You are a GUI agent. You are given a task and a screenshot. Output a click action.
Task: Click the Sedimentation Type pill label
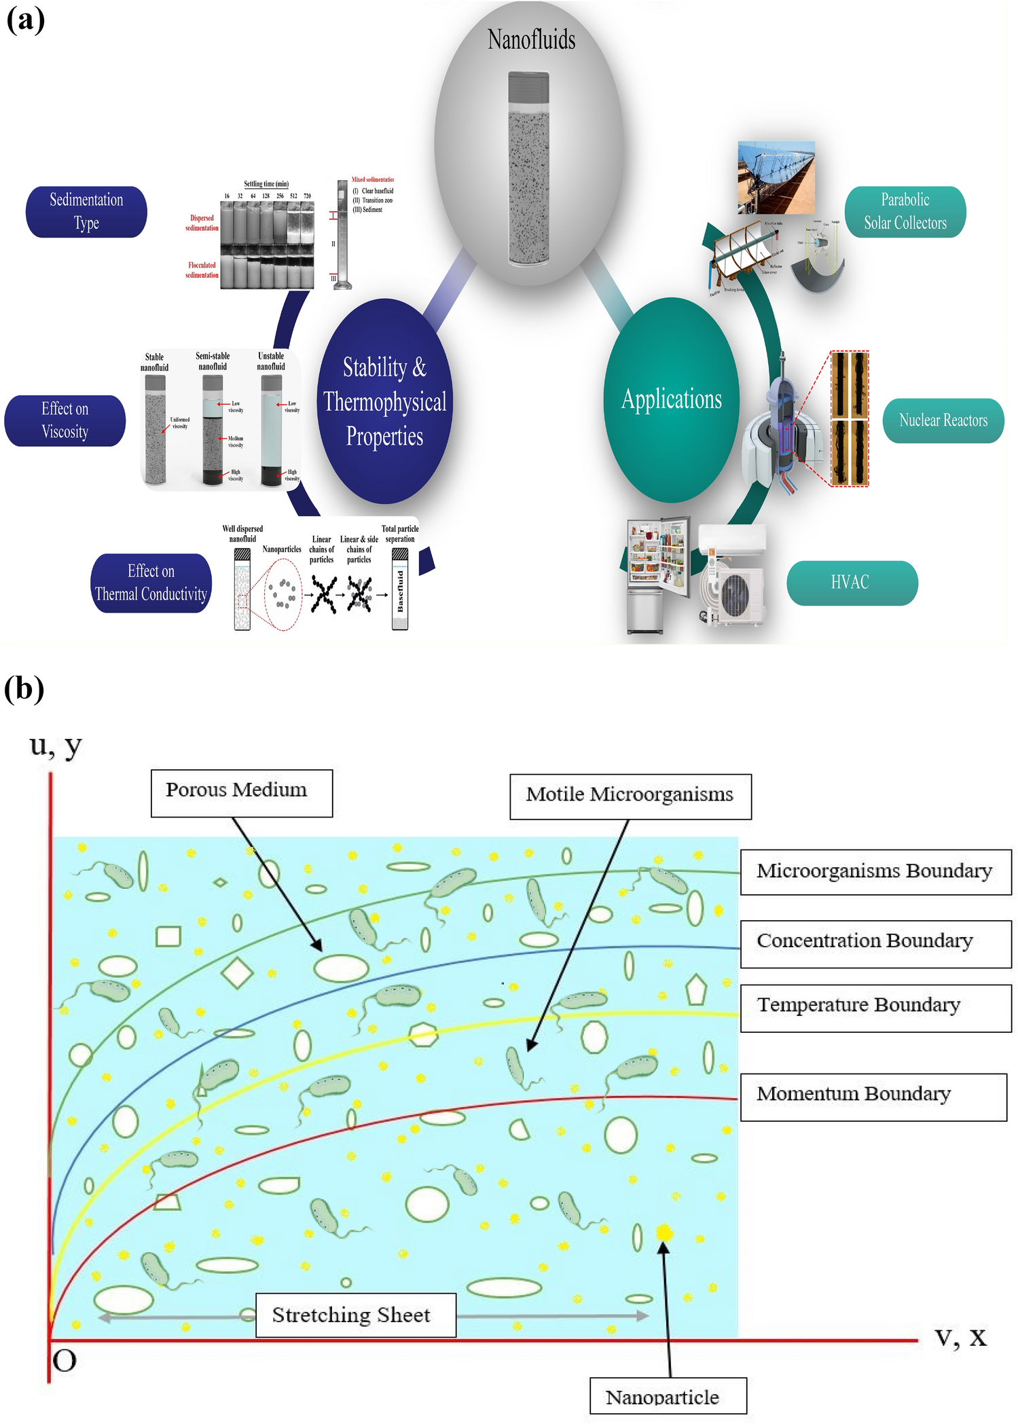(x=86, y=212)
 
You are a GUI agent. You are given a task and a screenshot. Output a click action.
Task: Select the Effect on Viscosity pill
(x=65, y=420)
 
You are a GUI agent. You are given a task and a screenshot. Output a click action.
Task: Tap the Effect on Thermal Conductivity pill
(x=151, y=583)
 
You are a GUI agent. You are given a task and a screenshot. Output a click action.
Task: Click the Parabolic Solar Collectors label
(x=905, y=212)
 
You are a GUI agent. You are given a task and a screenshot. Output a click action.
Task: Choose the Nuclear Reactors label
(x=943, y=420)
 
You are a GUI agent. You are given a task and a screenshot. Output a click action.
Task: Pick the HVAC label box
(x=852, y=583)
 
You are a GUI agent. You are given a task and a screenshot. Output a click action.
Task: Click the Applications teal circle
(x=671, y=400)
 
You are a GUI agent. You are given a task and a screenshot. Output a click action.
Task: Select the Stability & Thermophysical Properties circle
(x=384, y=401)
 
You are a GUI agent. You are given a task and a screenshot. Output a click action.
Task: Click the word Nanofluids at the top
(x=531, y=39)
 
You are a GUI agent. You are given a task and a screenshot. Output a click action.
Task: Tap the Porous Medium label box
(x=241, y=792)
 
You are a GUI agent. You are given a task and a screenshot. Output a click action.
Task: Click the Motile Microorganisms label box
(x=630, y=796)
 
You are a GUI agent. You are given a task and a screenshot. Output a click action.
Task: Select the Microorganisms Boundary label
(x=875, y=871)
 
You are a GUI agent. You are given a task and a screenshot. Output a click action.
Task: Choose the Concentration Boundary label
(x=875, y=943)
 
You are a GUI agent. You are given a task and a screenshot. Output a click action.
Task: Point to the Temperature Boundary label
(x=875, y=1006)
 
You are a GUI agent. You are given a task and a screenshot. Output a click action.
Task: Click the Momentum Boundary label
(x=872, y=1095)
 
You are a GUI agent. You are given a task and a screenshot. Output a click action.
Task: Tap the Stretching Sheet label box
(x=355, y=1315)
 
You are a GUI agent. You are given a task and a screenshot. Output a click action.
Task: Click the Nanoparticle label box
(x=667, y=1397)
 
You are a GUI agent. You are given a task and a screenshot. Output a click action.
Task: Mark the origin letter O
(x=65, y=1361)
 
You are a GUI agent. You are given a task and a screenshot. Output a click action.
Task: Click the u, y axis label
(x=56, y=746)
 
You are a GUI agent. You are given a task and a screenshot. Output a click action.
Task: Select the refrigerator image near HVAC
(x=656, y=574)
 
